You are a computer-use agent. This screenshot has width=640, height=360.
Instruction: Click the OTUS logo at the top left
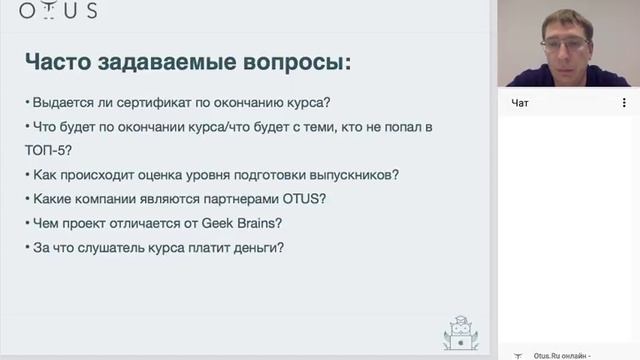tap(56, 11)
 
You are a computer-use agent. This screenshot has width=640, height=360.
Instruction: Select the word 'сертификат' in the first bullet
tap(172, 102)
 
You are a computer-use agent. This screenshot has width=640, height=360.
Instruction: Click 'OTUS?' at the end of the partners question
tap(302, 198)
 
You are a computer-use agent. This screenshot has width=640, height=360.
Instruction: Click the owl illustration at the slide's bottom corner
tap(460, 333)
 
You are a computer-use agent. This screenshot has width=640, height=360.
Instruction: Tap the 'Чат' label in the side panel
tap(519, 102)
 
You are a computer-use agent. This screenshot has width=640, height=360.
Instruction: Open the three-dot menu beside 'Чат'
tap(624, 102)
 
